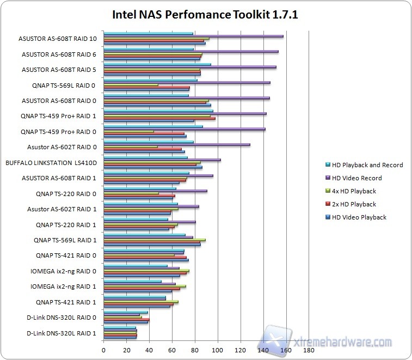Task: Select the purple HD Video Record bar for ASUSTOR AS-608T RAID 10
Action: point(193,36)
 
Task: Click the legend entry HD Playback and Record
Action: point(367,165)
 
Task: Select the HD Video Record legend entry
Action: point(356,178)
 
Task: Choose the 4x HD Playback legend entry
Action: point(354,191)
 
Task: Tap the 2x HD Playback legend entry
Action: point(354,204)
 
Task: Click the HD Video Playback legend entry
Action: point(359,217)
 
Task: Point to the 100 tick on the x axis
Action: point(218,350)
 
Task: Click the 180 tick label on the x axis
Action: point(309,350)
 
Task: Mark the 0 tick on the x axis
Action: point(103,350)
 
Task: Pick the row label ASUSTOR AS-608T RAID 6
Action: point(59,54)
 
